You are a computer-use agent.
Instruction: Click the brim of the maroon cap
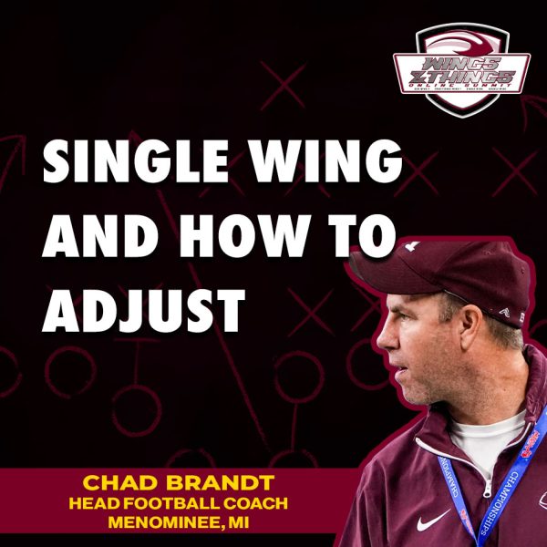pos(383,283)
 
